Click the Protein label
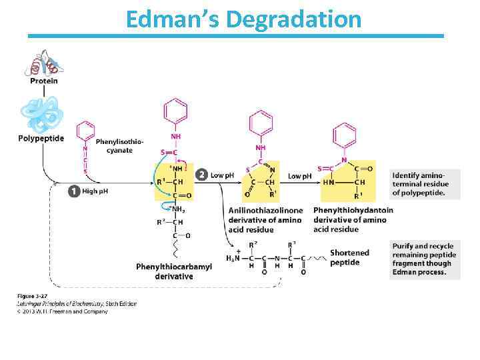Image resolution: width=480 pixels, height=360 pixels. tap(43, 81)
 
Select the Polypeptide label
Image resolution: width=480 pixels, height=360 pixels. tap(41, 139)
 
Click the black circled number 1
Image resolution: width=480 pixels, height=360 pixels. tap(74, 191)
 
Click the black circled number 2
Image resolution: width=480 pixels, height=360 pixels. tap(201, 175)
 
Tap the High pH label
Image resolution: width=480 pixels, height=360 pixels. tap(95, 191)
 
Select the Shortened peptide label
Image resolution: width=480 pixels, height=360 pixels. tap(349, 257)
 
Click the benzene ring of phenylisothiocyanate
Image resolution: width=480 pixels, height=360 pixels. tap(86, 131)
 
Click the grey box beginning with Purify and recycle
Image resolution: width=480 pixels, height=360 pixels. tap(424, 259)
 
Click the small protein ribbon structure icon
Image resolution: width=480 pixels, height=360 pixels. tap(43, 63)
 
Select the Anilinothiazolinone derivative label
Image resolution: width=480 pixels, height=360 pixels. tap(265, 219)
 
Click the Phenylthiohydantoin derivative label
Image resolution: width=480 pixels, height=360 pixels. tap(353, 219)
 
